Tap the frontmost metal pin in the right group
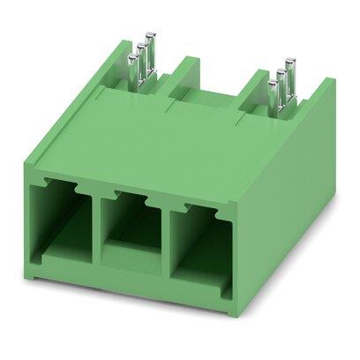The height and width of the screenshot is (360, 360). click(x=274, y=92)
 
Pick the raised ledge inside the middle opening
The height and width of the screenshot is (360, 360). click(x=131, y=256)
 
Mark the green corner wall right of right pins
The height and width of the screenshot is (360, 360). click(x=318, y=97)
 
